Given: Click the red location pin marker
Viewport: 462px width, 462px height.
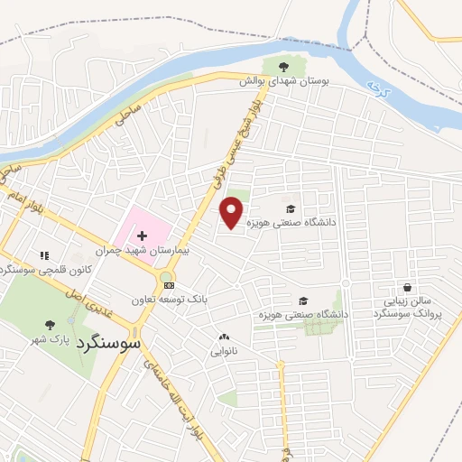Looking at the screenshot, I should pyautogui.click(x=232, y=212).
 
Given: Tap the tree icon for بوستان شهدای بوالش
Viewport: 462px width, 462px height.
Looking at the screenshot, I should pyautogui.click(x=284, y=66).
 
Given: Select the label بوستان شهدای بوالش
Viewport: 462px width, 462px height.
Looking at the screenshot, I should pyautogui.click(x=284, y=81).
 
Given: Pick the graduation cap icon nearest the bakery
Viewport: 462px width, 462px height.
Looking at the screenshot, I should pyautogui.click(x=303, y=301).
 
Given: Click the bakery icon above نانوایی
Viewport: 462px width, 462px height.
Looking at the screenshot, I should pyautogui.click(x=224, y=337).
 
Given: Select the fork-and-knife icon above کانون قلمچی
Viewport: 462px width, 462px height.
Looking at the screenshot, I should pyautogui.click(x=44, y=255).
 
